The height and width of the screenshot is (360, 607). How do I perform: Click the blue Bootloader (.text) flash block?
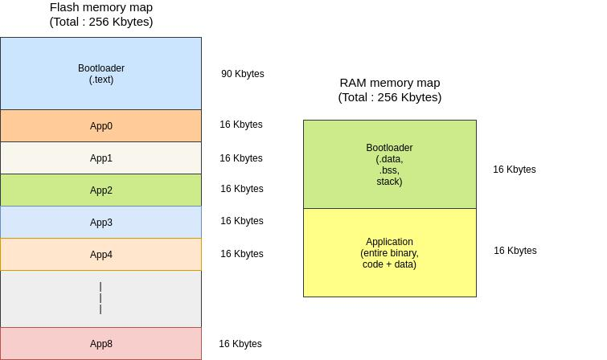100,73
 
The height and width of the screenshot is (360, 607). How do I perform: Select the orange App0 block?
100,126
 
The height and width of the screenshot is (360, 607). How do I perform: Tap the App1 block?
100,158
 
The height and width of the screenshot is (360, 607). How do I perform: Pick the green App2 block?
100,190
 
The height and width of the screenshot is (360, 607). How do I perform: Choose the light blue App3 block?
100,223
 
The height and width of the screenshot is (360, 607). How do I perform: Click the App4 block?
100,255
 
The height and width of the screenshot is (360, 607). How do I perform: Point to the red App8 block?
100,344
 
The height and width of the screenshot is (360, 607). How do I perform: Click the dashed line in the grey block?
100,298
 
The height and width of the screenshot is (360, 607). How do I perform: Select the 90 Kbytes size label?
243,74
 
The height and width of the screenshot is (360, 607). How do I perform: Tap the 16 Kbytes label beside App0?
241,125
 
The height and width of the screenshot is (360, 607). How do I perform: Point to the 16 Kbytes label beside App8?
240,344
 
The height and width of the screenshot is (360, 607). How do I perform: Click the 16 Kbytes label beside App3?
242,221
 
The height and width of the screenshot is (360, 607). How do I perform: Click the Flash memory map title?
101,14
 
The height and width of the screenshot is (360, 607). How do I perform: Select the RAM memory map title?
390,90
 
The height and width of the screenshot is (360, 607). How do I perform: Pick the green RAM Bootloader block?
389,165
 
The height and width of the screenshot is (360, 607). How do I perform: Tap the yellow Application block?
389,252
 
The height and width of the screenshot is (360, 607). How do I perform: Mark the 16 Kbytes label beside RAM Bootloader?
515,170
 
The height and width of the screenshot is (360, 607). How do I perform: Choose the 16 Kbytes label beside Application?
515,251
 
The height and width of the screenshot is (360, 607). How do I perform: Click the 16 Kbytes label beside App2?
242,189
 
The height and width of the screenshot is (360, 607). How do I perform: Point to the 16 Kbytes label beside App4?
242,254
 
